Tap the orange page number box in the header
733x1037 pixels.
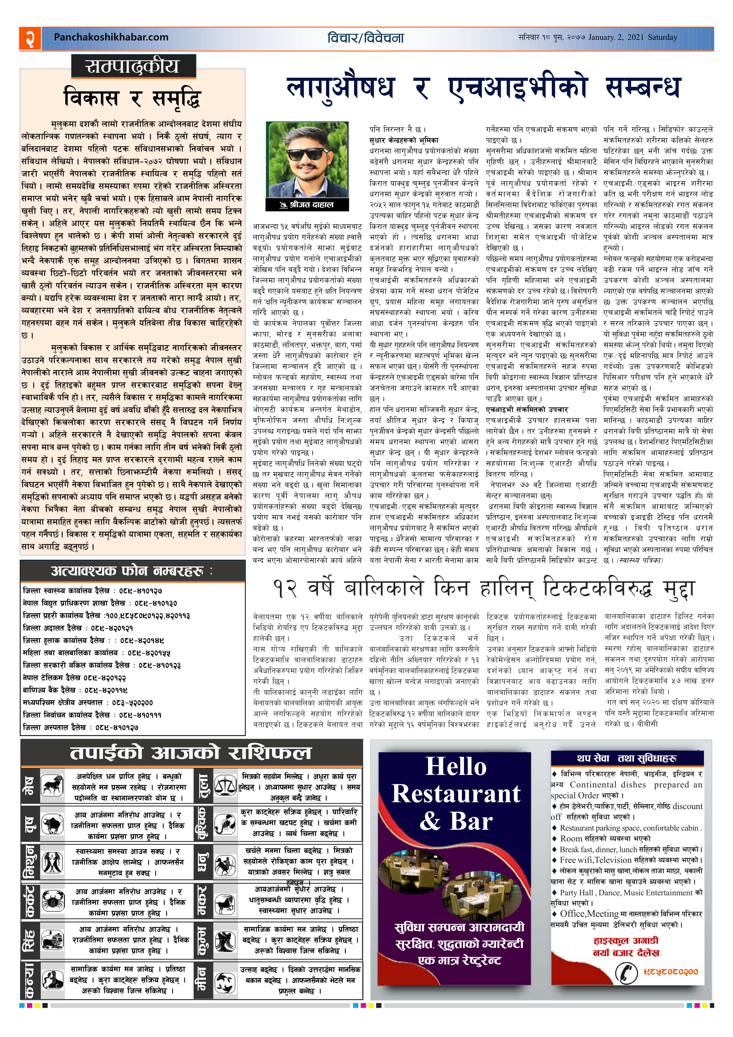pyautogui.click(x=30, y=38)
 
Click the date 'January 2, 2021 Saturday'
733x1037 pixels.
pyautogui.click(x=632, y=38)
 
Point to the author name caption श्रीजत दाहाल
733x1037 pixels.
pyautogui.click(x=307, y=205)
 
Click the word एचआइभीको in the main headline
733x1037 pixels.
pyautogui.click(x=518, y=87)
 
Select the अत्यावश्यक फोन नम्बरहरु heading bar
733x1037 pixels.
pyautogui.click(x=132, y=571)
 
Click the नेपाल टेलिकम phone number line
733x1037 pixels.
pyautogui.click(x=75, y=677)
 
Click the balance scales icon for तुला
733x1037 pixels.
pyautogui.click(x=225, y=786)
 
